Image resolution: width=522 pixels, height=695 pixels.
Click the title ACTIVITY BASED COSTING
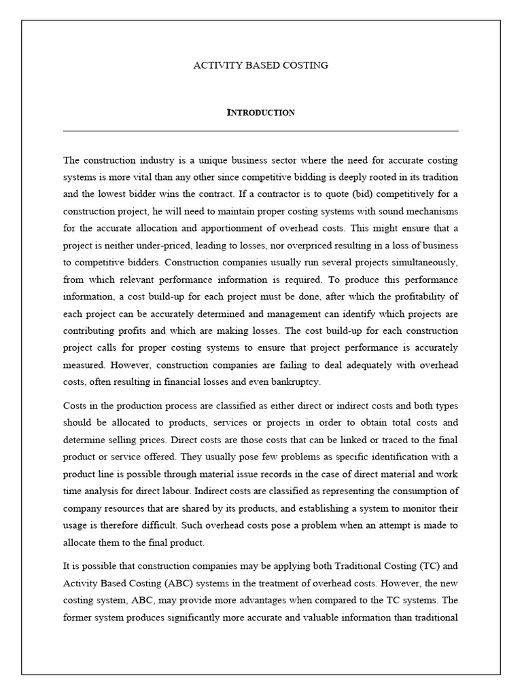261,65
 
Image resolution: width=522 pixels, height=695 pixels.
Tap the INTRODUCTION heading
261,113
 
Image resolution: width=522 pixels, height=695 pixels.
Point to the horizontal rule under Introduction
261,131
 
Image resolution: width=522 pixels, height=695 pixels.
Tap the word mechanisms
432,211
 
